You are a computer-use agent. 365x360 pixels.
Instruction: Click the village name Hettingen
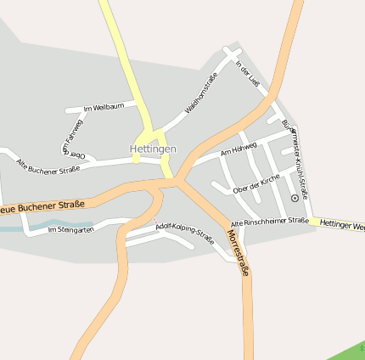pos(153,149)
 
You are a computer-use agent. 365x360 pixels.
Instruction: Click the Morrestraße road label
pos(239,251)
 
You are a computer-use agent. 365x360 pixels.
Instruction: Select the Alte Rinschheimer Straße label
pos(269,221)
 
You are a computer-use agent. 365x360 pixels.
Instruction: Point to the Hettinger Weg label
pos(343,225)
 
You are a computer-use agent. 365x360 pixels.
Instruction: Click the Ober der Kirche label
pos(255,184)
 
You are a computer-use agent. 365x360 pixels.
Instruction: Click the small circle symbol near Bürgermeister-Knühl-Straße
pos(295,197)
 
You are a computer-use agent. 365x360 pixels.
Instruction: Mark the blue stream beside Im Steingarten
pos(10,228)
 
